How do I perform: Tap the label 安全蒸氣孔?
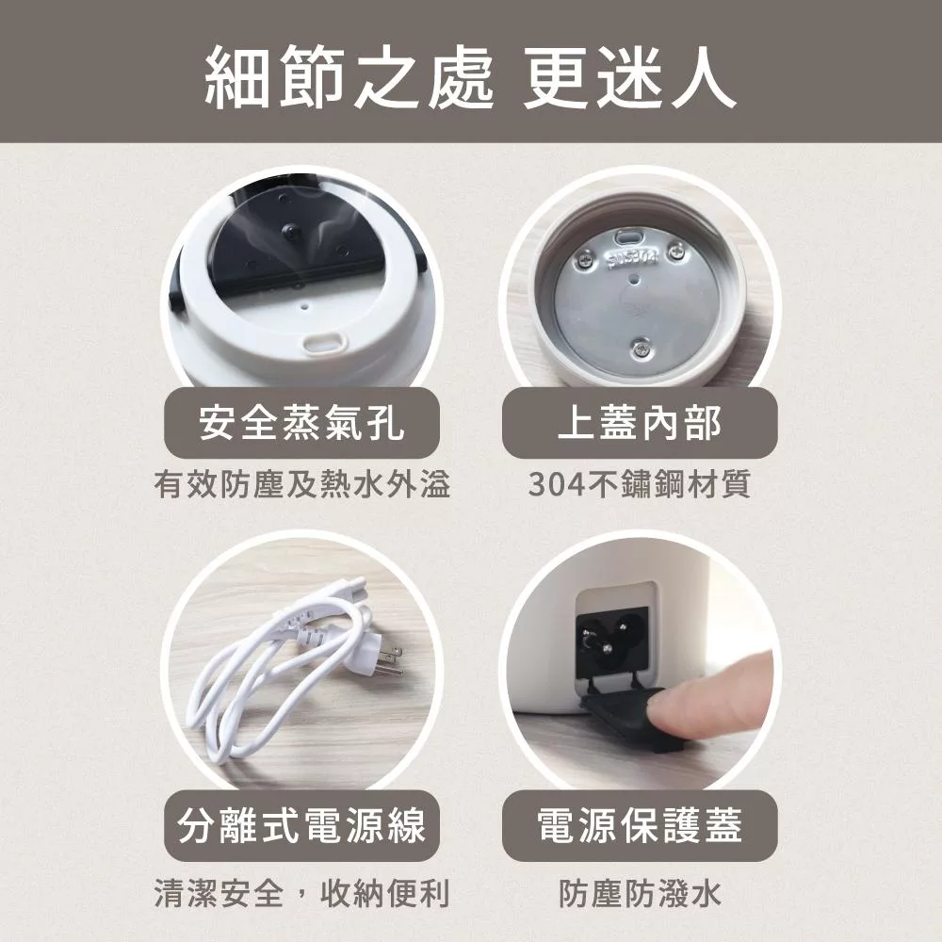301,423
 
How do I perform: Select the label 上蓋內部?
640,423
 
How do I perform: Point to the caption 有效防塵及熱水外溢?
301,485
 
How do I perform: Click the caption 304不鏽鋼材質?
640,485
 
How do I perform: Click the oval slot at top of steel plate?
626,236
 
